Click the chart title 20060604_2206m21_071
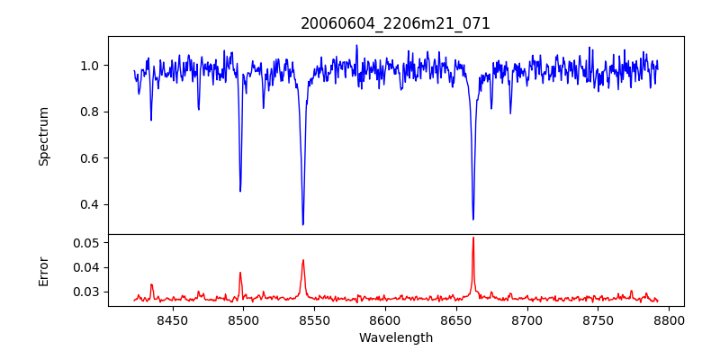[x=395, y=23]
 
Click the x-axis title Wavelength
[x=395, y=337]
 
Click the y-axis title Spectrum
[x=44, y=136]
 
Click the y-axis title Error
[x=44, y=270]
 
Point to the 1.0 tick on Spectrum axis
[x=94, y=66]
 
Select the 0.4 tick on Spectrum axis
[x=94, y=204]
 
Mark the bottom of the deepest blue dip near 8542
[x=302, y=224]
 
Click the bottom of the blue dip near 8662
[x=473, y=219]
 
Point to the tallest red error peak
[x=473, y=238]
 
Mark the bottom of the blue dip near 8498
[x=240, y=191]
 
